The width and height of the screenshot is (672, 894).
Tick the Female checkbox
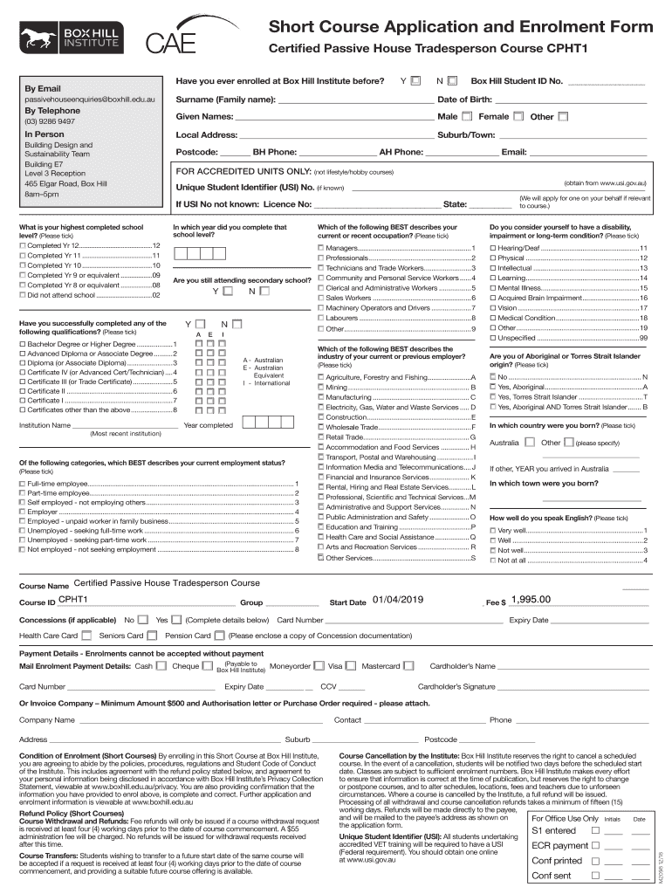(518, 117)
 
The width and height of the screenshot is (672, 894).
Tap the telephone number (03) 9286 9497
(50, 122)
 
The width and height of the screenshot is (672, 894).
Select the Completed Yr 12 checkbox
(23, 246)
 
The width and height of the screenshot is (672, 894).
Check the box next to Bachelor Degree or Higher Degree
(23, 344)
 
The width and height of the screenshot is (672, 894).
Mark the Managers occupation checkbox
(320, 249)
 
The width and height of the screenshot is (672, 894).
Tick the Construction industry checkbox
(320, 417)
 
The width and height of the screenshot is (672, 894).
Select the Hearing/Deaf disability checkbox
(493, 249)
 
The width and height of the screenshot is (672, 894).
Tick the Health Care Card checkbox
(86, 635)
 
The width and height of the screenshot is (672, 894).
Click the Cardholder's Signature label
(456, 686)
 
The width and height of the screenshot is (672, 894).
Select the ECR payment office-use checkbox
(596, 845)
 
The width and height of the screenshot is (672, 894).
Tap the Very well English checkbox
(493, 531)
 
